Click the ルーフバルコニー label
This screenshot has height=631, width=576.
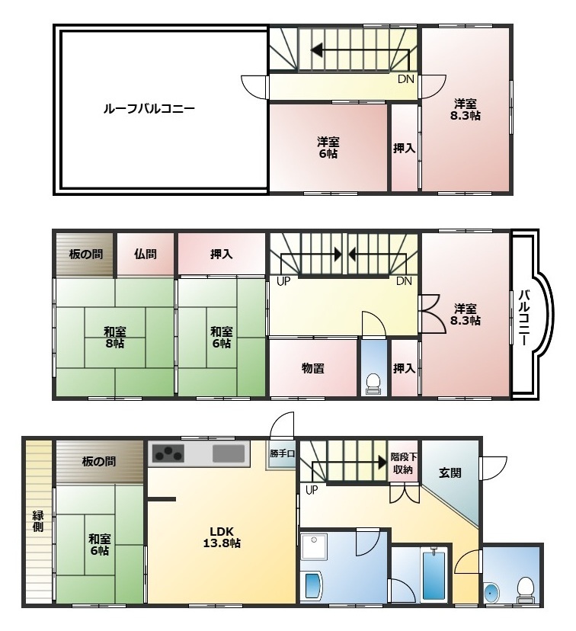click(x=149, y=109)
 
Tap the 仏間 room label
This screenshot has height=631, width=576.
click(x=146, y=254)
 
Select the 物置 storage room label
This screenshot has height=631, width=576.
click(x=312, y=368)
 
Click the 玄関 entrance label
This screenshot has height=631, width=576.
click(x=450, y=472)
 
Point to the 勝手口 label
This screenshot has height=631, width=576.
click(x=283, y=453)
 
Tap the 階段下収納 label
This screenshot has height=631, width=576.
click(x=404, y=463)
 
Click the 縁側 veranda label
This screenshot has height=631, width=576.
click(x=38, y=521)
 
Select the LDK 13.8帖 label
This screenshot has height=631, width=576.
click(x=222, y=537)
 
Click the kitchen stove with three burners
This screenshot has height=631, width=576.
click(x=168, y=453)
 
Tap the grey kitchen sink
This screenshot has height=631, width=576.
click(x=229, y=453)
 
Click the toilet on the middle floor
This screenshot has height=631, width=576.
click(x=373, y=383)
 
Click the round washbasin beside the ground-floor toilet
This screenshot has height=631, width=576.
click(x=492, y=593)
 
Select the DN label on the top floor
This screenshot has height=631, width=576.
click(x=405, y=79)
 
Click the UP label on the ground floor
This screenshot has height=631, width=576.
click(x=312, y=490)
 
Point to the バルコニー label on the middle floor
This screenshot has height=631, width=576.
click(x=523, y=317)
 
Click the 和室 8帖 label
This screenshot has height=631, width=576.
click(x=114, y=338)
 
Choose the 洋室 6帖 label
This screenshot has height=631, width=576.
click(x=328, y=148)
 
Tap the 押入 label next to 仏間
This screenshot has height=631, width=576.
click(x=221, y=254)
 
